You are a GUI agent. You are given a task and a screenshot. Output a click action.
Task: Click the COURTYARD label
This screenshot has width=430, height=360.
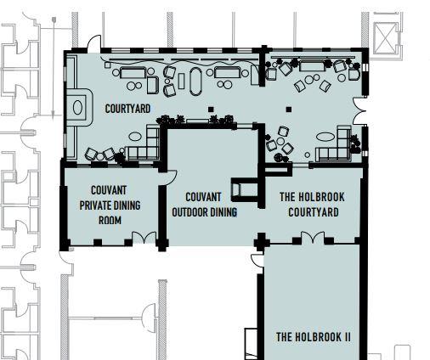click(127, 109)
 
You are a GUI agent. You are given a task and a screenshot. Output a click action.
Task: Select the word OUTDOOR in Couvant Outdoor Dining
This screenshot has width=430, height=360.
click(190, 212)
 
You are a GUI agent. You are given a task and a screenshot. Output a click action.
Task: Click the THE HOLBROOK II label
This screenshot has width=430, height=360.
click(314, 337)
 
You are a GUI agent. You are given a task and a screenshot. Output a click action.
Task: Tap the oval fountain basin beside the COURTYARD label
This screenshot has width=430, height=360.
click(77, 108)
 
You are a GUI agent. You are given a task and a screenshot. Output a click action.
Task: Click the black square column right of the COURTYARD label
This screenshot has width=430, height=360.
click(211, 110)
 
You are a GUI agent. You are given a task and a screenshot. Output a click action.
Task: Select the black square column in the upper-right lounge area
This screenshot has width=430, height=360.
click(289, 110)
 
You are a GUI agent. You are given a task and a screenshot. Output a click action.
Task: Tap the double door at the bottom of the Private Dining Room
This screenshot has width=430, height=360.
click(144, 237)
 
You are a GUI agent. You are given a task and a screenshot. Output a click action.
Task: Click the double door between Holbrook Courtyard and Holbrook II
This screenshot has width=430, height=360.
click(313, 237)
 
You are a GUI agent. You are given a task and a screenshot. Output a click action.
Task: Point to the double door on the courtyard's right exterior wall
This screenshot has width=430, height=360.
click(359, 111)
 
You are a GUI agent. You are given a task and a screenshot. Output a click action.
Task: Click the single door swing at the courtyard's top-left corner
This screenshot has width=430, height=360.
click(94, 42)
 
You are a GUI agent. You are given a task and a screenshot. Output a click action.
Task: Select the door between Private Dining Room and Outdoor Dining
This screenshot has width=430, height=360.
click(172, 177)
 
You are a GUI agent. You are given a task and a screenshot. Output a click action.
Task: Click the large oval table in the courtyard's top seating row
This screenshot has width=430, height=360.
click(195, 82)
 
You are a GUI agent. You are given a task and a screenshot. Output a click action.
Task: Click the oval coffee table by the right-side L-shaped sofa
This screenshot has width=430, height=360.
click(325, 137)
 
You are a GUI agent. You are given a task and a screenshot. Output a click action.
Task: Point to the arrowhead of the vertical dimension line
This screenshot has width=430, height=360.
click(53, 115)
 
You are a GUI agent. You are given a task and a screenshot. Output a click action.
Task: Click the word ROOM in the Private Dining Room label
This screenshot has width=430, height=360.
click(110, 220)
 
